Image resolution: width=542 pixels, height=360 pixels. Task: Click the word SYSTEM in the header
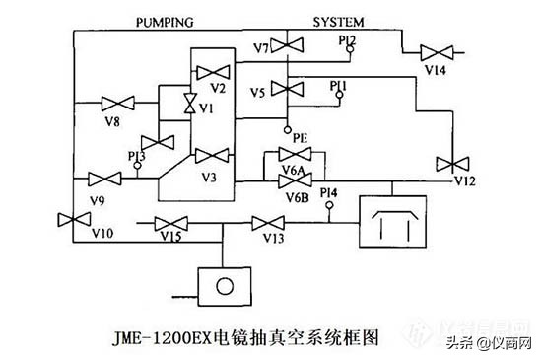(340, 20)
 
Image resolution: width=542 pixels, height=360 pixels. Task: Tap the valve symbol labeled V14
(435, 52)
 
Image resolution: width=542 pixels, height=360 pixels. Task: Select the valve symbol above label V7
(288, 43)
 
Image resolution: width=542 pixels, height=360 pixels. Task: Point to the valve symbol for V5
(288, 90)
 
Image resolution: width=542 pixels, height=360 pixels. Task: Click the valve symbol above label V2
(212, 72)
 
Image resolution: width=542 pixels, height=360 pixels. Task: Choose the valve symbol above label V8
(118, 104)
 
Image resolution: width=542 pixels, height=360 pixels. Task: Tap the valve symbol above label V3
(210, 156)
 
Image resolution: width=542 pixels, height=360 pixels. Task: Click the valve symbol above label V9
(102, 179)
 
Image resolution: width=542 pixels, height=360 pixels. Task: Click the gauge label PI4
(328, 191)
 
